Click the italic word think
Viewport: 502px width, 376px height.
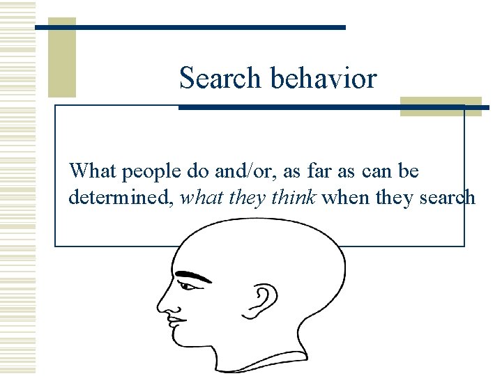[292, 198]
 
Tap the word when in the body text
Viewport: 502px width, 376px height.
[347, 198]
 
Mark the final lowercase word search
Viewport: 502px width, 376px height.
[446, 198]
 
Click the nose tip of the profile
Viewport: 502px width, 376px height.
[160, 306]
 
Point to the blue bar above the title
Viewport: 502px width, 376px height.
[190, 28]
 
